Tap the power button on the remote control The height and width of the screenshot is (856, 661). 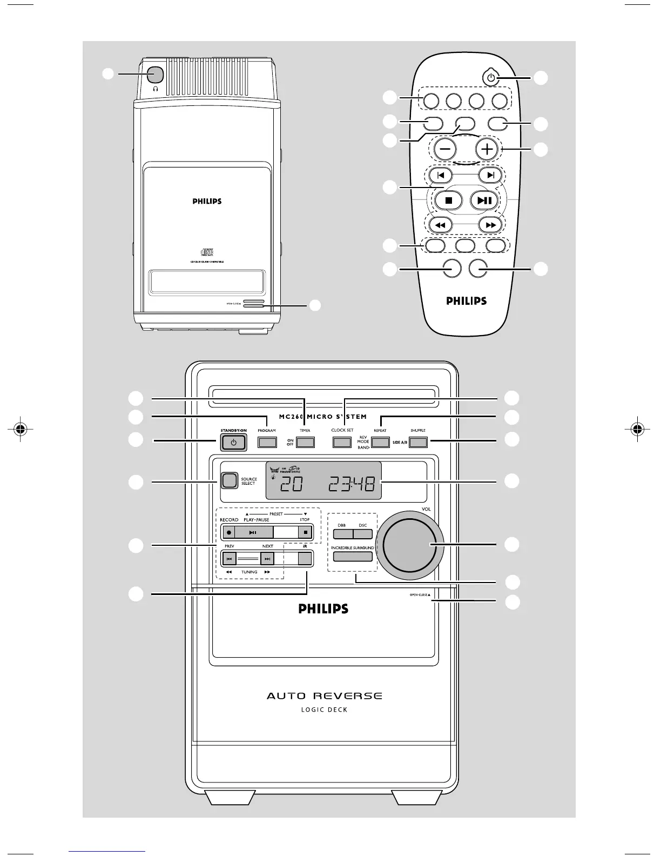click(490, 78)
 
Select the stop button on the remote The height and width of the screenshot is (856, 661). click(448, 200)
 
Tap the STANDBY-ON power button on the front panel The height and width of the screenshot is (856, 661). click(233, 443)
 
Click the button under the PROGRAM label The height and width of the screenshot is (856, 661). click(267, 443)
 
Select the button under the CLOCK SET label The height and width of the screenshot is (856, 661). click(342, 443)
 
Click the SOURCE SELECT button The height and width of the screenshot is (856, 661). click(230, 480)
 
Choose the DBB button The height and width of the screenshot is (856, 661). click(342, 534)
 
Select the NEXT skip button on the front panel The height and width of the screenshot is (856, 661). click(267, 559)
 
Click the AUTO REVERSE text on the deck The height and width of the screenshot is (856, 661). click(324, 695)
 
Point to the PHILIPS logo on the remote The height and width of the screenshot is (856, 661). click(467, 301)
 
